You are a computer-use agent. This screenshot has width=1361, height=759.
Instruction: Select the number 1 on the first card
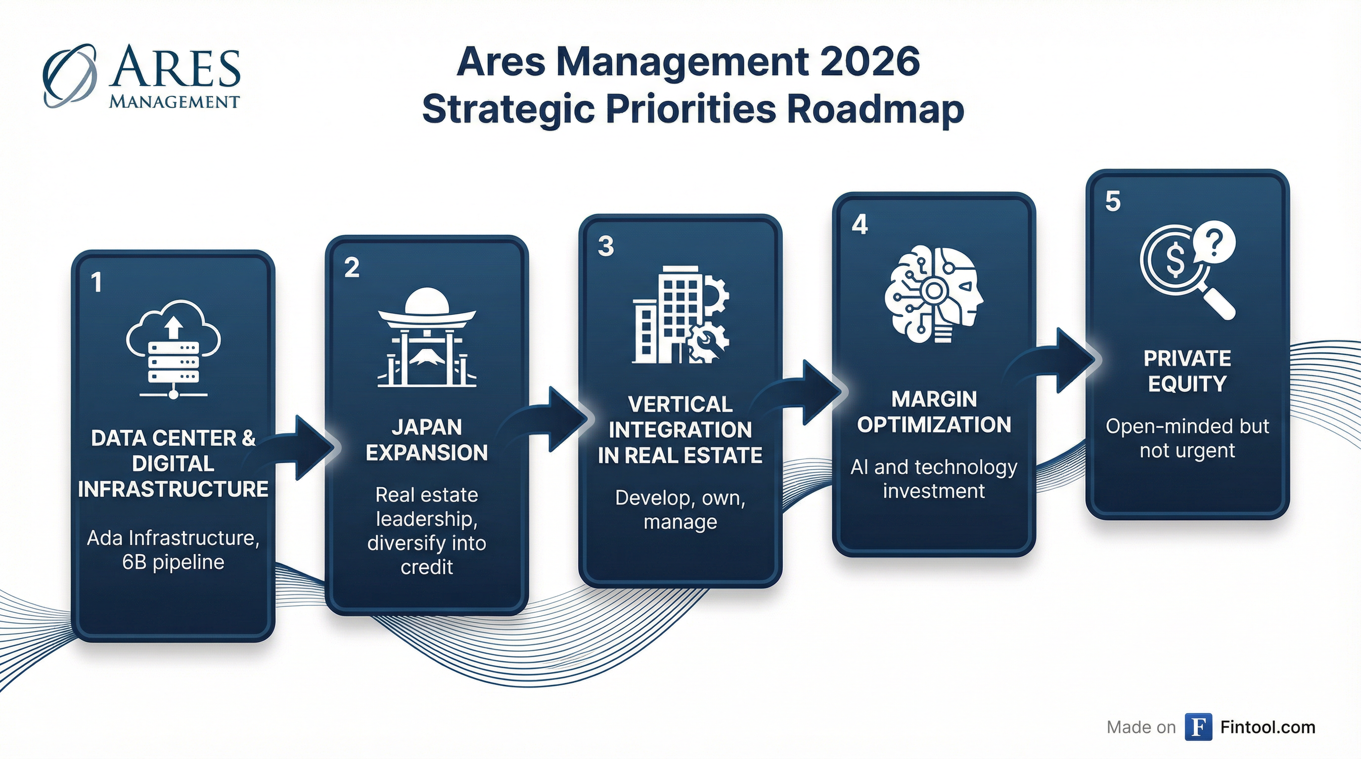[96, 282]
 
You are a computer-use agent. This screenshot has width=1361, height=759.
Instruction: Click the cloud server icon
[173, 349]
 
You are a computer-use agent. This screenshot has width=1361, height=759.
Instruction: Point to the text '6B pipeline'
[173, 563]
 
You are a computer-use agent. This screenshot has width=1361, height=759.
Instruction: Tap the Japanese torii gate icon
[427, 338]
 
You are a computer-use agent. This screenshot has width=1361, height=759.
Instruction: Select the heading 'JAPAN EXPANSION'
[427, 440]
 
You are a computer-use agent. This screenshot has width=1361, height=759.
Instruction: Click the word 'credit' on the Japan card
[427, 567]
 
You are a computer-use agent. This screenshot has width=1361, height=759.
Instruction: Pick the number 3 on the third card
[605, 246]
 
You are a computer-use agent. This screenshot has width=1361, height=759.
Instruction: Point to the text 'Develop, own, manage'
[680, 510]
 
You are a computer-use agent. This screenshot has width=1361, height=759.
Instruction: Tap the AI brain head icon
[934, 294]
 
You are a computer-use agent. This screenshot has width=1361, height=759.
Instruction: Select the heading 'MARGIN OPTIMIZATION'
[934, 412]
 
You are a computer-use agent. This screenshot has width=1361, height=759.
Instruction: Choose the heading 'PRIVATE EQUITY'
[1187, 371]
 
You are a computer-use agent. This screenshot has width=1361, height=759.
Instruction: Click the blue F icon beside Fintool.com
[1198, 727]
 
